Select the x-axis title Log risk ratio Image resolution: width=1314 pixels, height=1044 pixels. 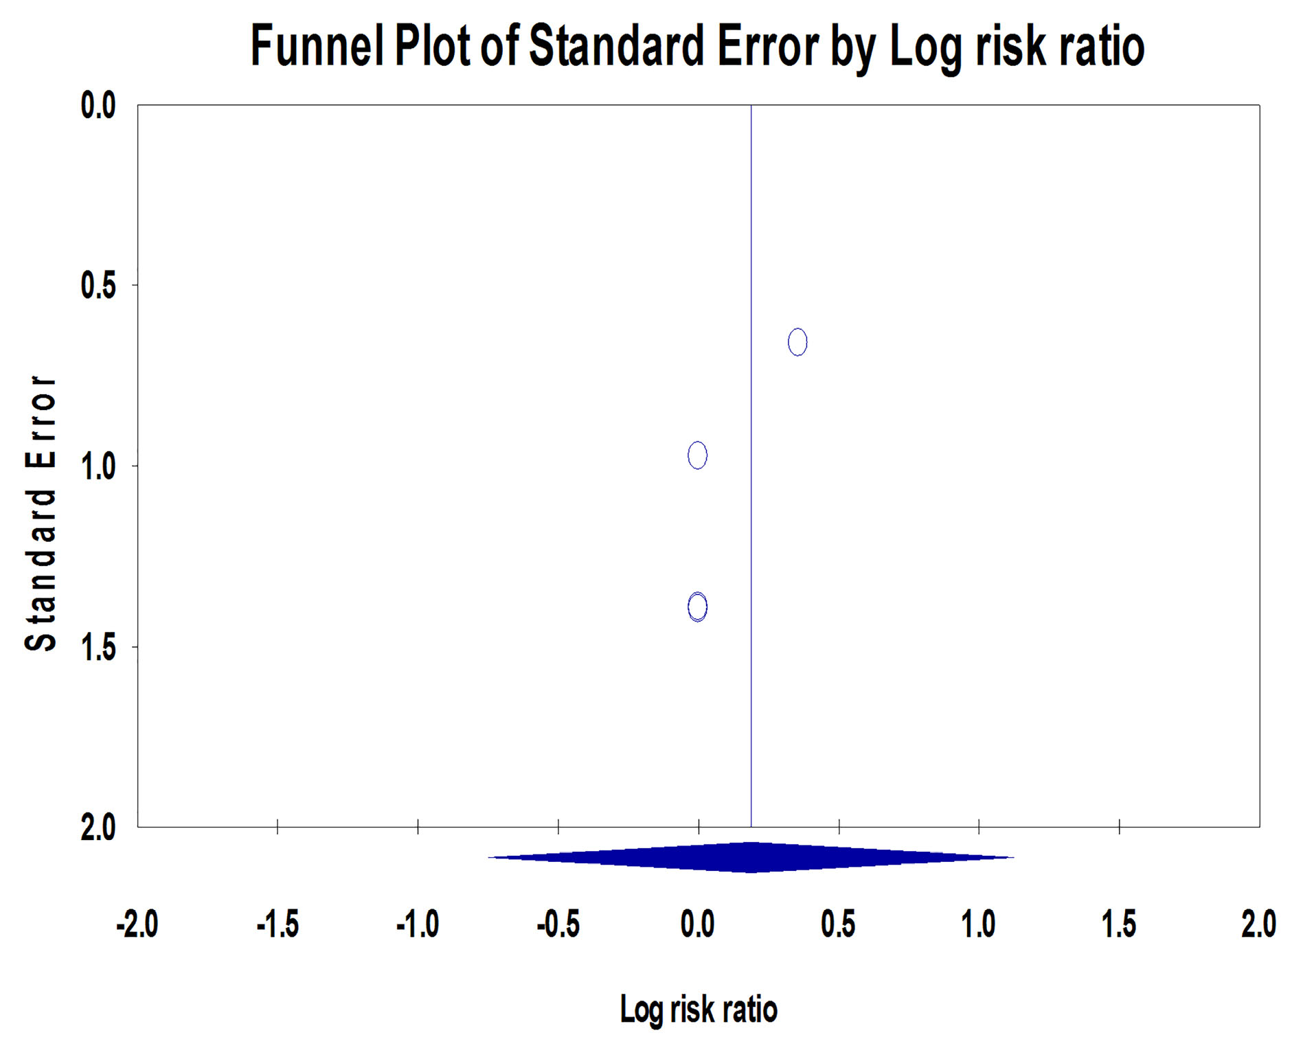tap(699, 1009)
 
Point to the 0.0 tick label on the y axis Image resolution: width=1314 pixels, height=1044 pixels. tap(98, 106)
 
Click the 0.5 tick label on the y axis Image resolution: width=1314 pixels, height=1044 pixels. tap(98, 286)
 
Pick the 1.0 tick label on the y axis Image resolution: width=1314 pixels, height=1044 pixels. tap(98, 466)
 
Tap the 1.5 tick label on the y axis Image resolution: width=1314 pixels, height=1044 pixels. tap(98, 647)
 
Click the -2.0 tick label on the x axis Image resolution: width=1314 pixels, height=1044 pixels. tap(137, 924)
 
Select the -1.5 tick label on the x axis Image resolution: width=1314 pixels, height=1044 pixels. tap(277, 924)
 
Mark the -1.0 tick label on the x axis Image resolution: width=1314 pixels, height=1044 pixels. tap(418, 924)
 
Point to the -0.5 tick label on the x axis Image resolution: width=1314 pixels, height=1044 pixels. tap(558, 924)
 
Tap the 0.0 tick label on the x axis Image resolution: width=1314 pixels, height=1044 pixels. tap(698, 924)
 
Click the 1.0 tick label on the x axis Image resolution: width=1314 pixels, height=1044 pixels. tap(978, 924)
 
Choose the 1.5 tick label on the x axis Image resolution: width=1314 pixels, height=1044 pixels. tap(1119, 924)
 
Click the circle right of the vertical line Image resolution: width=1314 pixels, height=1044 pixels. tap(797, 342)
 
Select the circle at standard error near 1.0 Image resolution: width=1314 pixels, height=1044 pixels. tap(697, 455)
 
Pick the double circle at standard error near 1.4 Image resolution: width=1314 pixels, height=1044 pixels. tap(697, 607)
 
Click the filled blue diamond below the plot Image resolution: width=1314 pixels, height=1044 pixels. tap(751, 857)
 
